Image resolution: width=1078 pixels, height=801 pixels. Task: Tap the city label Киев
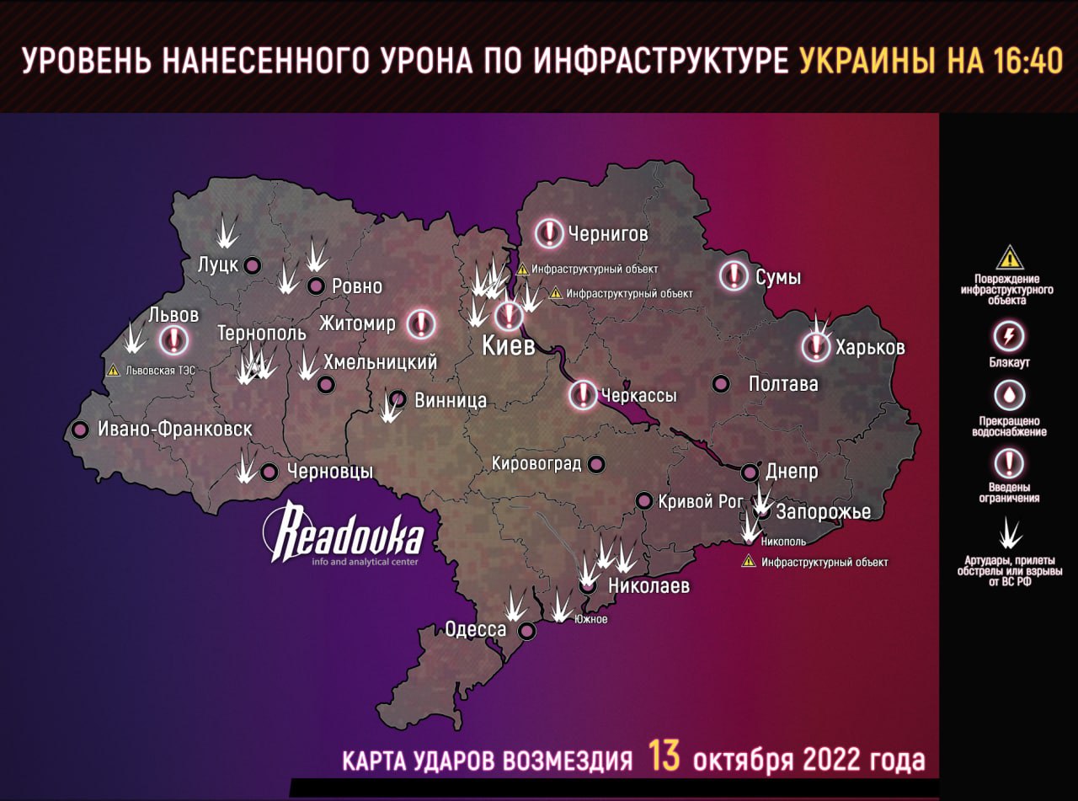point(508,346)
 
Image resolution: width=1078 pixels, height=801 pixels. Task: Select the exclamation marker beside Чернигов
point(549,232)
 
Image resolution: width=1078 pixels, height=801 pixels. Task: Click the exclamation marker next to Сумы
point(734,276)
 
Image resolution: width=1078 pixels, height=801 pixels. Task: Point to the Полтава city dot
point(721,384)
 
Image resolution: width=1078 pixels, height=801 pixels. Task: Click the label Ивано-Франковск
point(174,429)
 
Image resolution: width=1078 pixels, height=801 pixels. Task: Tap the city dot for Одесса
point(527,630)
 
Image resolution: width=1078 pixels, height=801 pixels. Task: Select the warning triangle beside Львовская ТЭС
point(112,369)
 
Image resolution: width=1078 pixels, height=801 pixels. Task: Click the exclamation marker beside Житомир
point(421,323)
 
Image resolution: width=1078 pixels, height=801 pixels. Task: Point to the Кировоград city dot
point(596,464)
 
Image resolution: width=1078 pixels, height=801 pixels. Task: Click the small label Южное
point(590,619)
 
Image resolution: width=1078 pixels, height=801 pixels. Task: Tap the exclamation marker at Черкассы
point(583,394)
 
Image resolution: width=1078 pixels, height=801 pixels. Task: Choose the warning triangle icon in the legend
point(1009,258)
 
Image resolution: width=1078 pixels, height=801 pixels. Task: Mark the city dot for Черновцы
point(269,473)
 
